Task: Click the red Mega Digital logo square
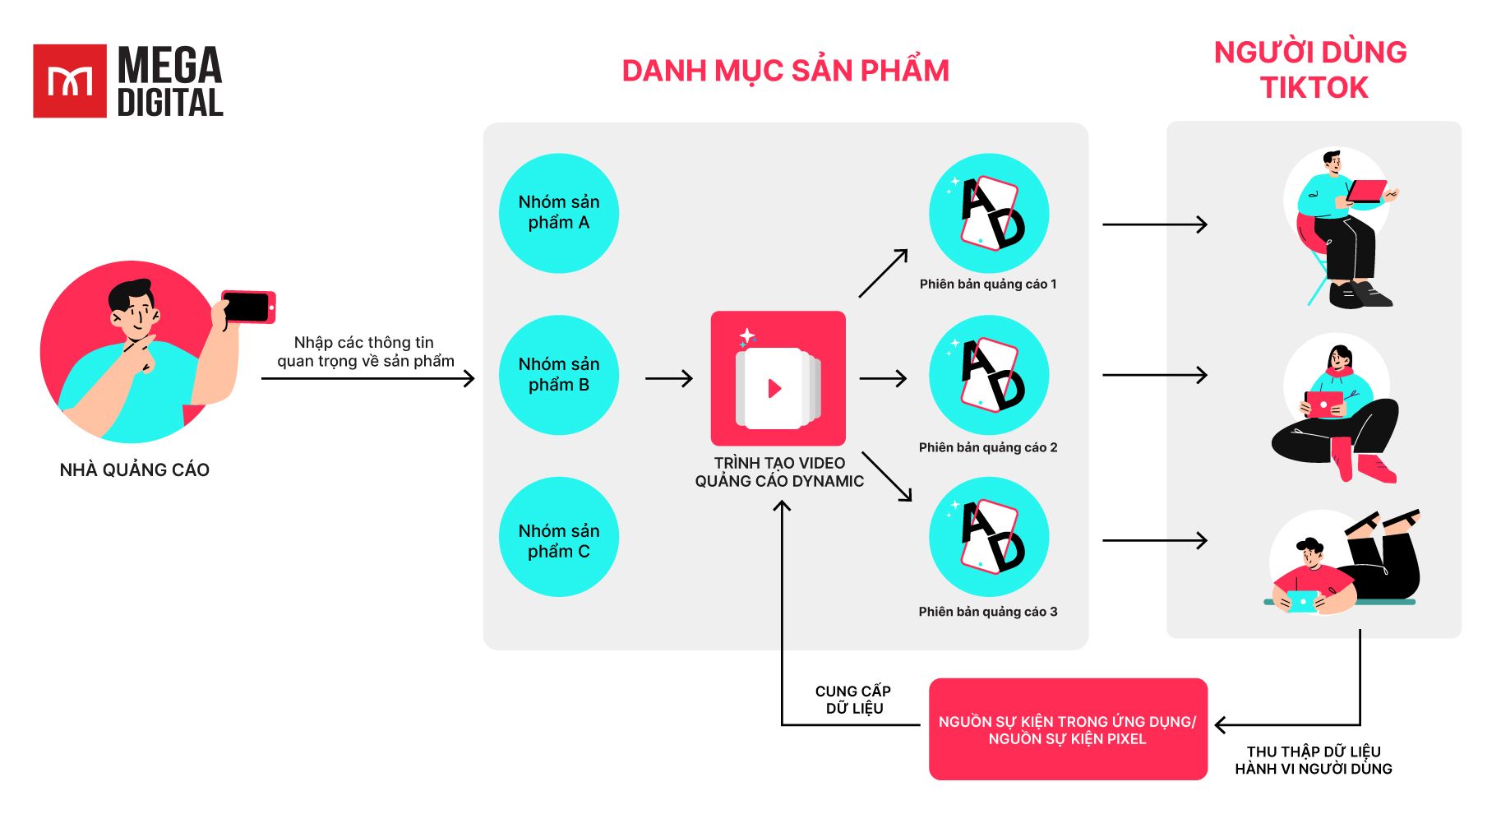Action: point(69,81)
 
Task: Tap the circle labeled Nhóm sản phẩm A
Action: point(559,213)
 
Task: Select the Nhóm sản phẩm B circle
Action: point(559,375)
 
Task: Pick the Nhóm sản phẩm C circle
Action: point(559,537)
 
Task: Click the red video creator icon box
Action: point(778,378)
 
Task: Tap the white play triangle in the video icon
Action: point(774,388)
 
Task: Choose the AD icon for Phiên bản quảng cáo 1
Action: point(989,213)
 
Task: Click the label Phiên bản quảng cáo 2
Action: point(988,447)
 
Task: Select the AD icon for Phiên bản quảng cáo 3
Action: point(989,537)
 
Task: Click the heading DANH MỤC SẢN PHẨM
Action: point(785,72)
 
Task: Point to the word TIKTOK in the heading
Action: point(1314,88)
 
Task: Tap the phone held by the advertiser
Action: point(247,307)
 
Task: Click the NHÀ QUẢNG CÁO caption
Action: point(135,469)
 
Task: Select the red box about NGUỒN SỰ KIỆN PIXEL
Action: point(1067,729)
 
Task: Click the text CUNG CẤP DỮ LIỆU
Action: point(853,700)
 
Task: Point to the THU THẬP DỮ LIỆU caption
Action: point(1314,760)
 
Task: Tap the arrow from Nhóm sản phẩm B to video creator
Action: point(669,379)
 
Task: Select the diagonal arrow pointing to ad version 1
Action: point(883,273)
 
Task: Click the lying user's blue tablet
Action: point(1302,601)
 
